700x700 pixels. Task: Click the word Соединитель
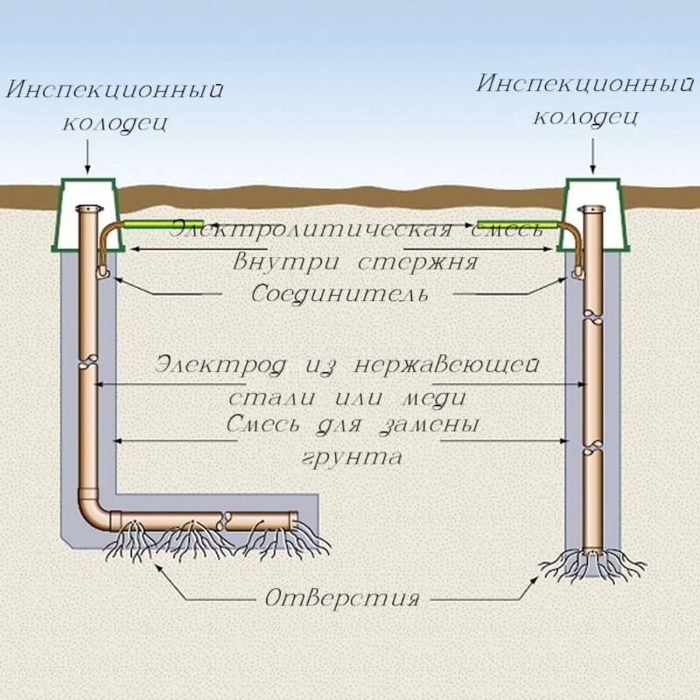tap(340, 292)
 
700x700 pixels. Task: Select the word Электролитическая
tap(311, 229)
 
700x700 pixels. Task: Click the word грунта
tap(353, 456)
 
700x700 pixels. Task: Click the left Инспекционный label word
tap(115, 90)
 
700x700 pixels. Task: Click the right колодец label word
tap(584, 116)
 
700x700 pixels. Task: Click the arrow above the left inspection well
tap(88, 157)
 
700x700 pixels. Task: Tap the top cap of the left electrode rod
tap(87, 210)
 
